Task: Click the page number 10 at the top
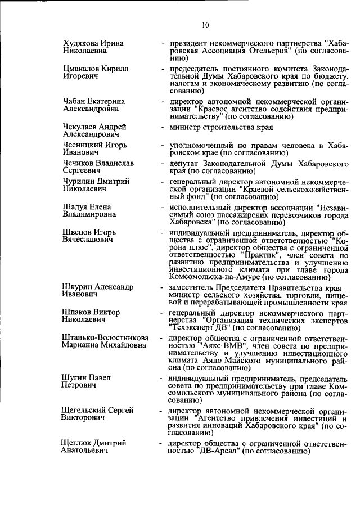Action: [x=205, y=25]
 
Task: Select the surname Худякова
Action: [x=82, y=43]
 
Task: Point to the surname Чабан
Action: [x=75, y=101]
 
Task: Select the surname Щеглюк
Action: [x=79, y=443]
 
